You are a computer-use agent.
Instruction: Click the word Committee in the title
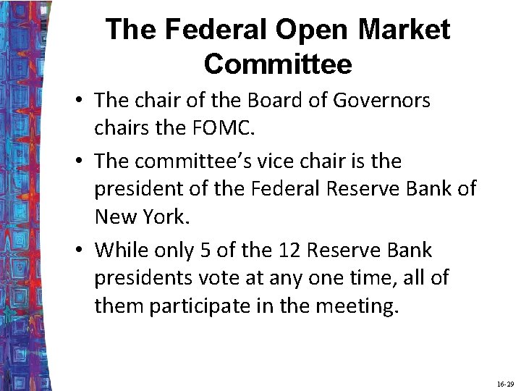point(278,64)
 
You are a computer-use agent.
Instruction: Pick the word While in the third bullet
point(120,251)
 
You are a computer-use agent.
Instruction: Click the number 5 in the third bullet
point(206,251)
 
